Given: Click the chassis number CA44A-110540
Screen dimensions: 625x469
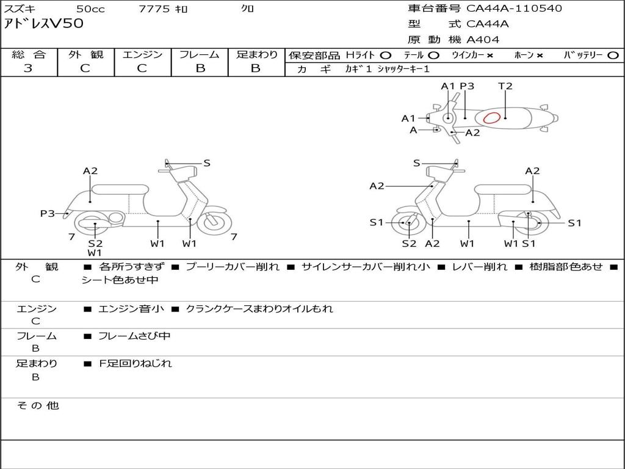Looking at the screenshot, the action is tap(514, 9).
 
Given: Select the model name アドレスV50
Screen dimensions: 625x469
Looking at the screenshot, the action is tap(44, 24).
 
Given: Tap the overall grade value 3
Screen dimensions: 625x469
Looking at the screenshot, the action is tap(28, 68).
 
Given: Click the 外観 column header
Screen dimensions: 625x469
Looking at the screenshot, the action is tap(85, 54).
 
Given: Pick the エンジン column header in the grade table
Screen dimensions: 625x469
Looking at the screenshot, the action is tap(142, 54).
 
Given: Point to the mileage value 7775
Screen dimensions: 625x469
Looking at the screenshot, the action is tap(154, 9).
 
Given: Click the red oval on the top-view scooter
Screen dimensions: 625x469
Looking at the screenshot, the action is tap(491, 118).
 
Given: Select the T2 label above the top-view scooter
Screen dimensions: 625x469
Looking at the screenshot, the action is tap(505, 86).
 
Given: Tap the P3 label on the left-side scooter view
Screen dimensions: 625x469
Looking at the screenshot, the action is tap(48, 213).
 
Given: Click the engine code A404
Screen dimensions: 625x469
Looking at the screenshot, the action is tap(483, 40).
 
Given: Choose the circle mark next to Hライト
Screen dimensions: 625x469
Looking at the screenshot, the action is tap(386, 55).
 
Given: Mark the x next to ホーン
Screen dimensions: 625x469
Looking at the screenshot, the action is tap(540, 55).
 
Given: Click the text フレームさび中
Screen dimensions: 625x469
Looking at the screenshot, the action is tap(134, 336).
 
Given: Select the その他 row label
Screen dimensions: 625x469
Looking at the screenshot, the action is tap(37, 405).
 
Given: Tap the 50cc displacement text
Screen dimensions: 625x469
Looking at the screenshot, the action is tap(90, 9).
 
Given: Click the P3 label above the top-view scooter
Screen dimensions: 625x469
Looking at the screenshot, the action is tap(467, 86).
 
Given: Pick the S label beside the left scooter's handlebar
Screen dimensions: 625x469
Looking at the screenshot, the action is tap(207, 162).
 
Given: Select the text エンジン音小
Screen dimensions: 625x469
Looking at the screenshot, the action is tap(131, 309).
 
